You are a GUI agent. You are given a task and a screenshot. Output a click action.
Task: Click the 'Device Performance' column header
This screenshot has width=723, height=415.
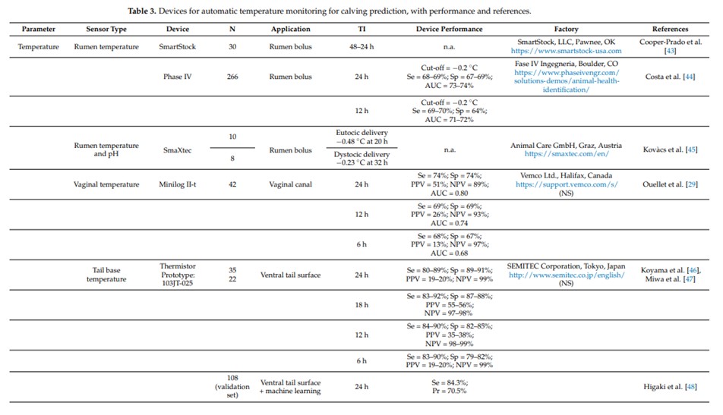pos(449,29)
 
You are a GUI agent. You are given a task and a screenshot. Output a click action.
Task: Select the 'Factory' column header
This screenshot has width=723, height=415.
pos(566,29)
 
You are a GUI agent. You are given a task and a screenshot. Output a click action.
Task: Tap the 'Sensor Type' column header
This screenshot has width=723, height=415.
pos(106,29)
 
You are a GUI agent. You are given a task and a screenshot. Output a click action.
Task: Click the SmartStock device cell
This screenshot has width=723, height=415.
pos(178,46)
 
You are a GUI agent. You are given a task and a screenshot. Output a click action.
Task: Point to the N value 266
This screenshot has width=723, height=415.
pos(232,77)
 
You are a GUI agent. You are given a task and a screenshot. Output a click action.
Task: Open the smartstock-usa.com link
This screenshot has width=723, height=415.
pos(566,51)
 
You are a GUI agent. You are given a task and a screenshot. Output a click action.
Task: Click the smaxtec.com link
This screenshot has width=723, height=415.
pos(567,154)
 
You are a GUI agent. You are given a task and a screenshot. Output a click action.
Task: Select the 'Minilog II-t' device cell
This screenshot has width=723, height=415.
pos(178,184)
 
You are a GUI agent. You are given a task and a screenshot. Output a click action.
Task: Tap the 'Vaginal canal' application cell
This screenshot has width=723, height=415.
pos(290,184)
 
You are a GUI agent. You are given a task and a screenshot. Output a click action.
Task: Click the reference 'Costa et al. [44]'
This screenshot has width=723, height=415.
pos(670,77)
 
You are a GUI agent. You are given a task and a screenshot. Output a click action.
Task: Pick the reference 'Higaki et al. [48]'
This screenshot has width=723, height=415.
pos(670,386)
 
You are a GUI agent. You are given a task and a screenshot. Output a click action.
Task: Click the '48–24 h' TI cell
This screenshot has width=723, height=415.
pos(361,46)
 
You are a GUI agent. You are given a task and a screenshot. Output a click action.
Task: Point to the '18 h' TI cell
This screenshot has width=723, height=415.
pos(361,304)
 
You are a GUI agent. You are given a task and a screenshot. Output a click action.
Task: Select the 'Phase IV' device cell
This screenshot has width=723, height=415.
pos(178,77)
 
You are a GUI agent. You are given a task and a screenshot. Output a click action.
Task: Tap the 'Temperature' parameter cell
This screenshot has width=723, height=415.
pos(38,46)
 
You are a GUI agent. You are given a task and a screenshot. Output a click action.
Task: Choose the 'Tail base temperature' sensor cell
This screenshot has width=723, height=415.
pos(106,275)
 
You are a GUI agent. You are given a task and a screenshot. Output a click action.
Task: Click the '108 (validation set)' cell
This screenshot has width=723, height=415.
pos(232,386)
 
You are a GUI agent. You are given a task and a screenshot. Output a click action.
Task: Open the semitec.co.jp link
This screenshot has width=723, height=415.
pos(567,275)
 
